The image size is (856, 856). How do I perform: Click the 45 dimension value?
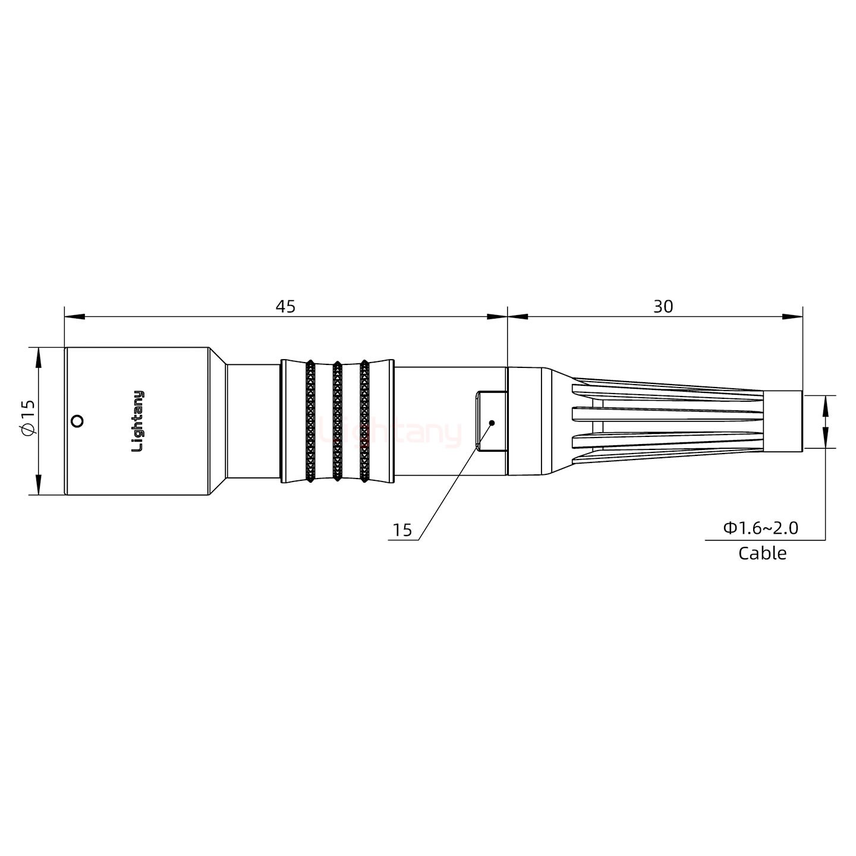[285, 307]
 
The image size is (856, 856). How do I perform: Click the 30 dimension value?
[663, 307]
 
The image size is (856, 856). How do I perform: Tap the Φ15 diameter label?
[29, 421]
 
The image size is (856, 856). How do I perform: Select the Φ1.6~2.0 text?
[760, 528]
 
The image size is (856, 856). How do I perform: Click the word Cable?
[762, 553]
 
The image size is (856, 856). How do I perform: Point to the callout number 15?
[402, 530]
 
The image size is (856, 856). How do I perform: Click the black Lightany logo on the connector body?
[137, 421]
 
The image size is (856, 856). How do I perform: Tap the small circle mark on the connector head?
[76, 421]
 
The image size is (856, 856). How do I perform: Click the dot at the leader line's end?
[492, 423]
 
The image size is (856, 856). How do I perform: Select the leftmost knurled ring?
[310, 421]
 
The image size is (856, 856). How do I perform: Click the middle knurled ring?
[337, 421]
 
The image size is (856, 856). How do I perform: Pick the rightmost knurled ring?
[364, 421]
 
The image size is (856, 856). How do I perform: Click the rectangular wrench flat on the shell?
[490, 421]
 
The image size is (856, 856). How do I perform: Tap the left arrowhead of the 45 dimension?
[75, 317]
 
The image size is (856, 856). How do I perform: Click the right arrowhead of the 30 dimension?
[792, 317]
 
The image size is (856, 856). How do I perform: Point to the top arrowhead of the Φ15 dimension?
[39, 357]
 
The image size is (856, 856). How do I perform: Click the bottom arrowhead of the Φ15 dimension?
[39, 484]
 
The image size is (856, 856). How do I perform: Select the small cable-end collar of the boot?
[782, 421]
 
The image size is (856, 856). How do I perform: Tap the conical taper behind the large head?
[218, 421]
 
